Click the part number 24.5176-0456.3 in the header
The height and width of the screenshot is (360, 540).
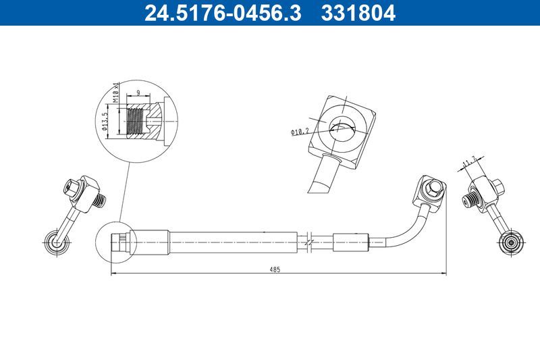pyautogui.click(x=223, y=13)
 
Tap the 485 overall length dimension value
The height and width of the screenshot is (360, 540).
pyautogui.click(x=275, y=269)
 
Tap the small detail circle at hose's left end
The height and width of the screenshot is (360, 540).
pyautogui.click(x=115, y=241)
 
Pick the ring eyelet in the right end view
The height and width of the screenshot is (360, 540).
pyautogui.click(x=510, y=241)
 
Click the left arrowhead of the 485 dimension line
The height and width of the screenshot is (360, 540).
pyautogui.click(x=113, y=274)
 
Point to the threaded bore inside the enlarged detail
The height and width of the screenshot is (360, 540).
pyautogui.click(x=138, y=122)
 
